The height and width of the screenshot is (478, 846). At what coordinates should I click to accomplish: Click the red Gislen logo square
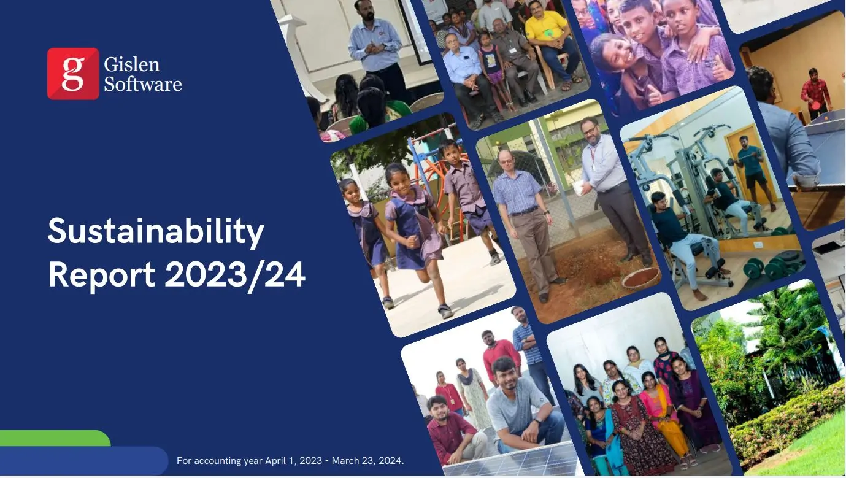coord(73,74)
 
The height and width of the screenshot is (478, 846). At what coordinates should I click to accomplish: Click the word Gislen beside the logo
coord(131,64)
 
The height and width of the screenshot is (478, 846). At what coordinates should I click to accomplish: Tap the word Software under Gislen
coord(143,84)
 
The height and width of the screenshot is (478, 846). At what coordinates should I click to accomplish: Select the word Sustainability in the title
coord(156,231)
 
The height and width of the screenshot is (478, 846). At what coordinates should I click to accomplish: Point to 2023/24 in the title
coord(235,275)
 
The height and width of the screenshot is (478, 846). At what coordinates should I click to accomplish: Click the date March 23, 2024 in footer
coord(367,461)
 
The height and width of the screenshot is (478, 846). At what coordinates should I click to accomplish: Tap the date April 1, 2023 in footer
coord(293,461)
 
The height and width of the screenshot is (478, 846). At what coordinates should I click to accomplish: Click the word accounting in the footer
coord(217,461)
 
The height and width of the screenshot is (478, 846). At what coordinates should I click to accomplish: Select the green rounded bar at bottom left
coord(55,438)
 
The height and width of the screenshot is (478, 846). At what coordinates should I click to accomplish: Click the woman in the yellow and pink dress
coord(662,415)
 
